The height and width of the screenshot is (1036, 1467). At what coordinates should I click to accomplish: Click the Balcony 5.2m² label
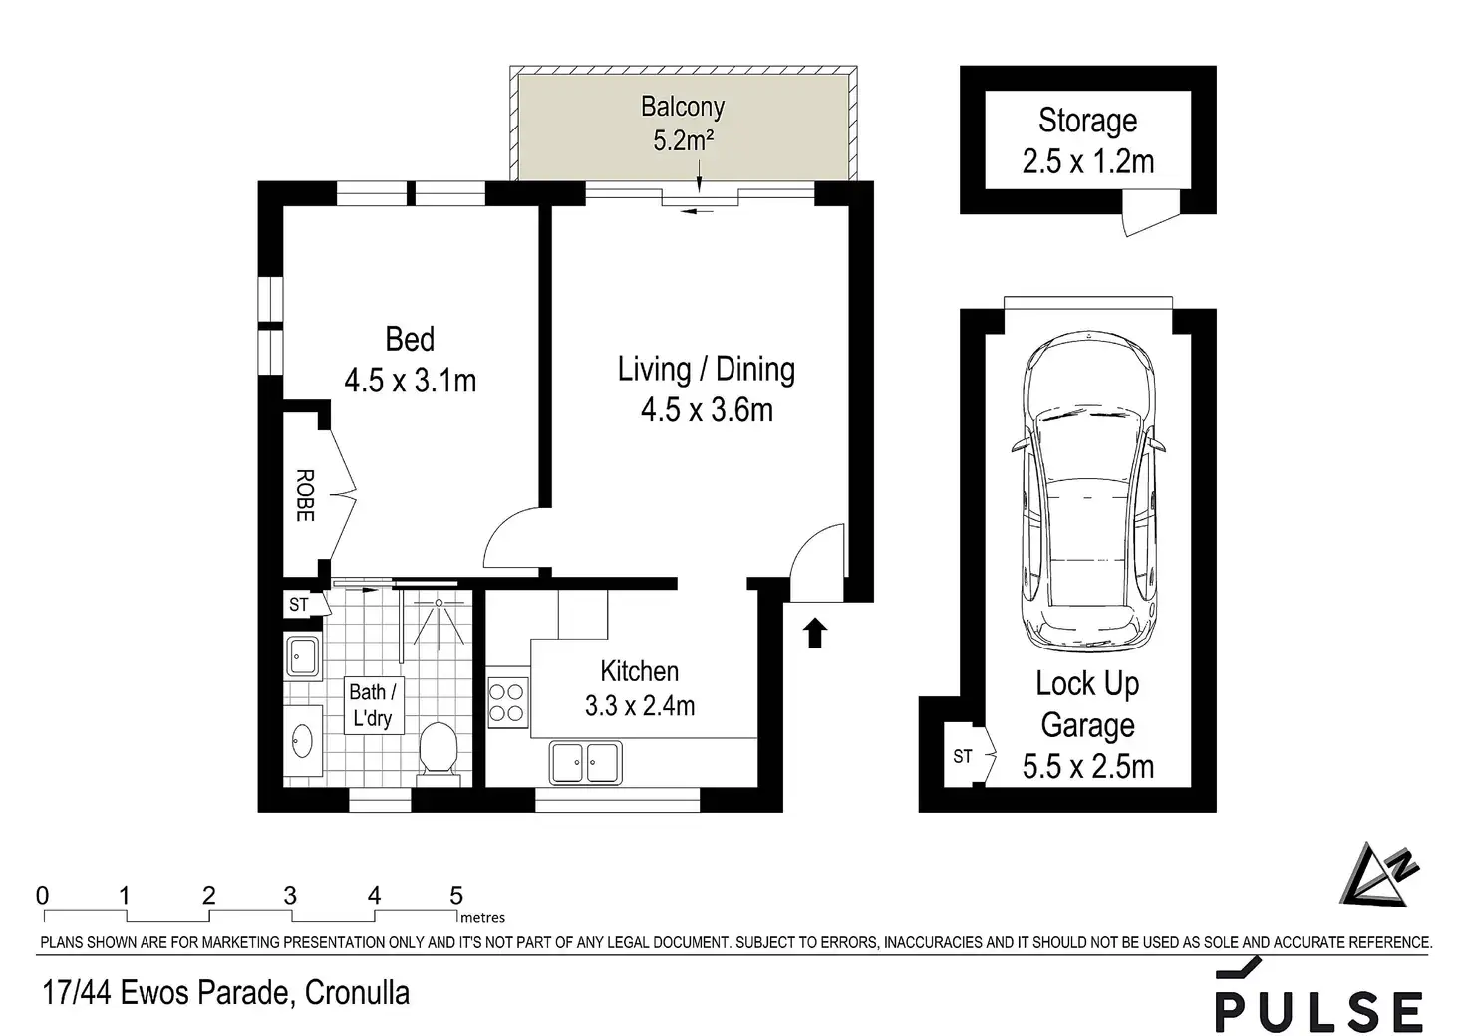tap(683, 124)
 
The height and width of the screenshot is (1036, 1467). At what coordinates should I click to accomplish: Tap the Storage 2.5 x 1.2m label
tap(1088, 140)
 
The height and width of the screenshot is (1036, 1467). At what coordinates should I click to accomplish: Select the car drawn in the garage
tap(1088, 491)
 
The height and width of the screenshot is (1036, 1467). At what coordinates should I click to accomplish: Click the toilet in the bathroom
tap(438, 753)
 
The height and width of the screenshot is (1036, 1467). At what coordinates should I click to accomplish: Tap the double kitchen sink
tap(585, 762)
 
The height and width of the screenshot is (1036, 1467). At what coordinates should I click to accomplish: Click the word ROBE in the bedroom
tap(305, 495)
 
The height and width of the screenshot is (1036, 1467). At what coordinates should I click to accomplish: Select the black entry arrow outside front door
tap(814, 633)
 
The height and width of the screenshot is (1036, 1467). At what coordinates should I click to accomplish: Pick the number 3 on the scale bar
tap(290, 895)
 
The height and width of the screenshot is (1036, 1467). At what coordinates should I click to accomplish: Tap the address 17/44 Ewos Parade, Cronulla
tap(226, 993)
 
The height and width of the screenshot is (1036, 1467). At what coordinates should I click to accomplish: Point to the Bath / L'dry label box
tap(374, 705)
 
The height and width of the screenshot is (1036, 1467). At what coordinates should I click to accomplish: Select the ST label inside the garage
tap(962, 756)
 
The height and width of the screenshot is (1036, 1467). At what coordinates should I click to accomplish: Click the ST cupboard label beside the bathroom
tap(299, 604)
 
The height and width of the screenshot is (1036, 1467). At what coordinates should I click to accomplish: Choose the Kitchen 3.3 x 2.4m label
tap(639, 688)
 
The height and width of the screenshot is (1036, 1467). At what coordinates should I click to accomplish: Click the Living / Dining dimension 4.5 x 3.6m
tap(707, 410)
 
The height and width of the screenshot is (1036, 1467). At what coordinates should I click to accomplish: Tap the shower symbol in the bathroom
tap(439, 619)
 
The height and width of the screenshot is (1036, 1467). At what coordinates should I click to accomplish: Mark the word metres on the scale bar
tap(482, 917)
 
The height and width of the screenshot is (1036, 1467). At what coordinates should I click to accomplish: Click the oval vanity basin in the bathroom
tap(301, 741)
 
